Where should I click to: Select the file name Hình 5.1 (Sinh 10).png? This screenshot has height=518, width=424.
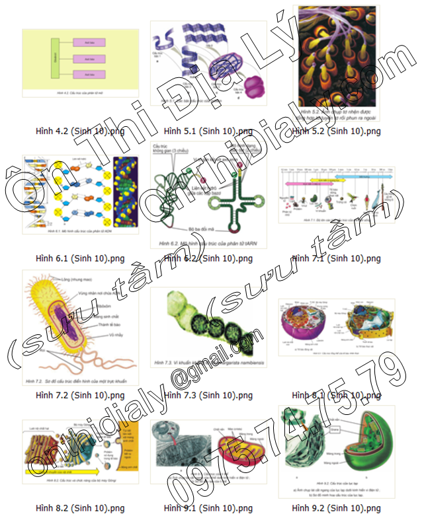[x=208, y=131]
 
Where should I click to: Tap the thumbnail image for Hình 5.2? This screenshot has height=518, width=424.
[x=337, y=64]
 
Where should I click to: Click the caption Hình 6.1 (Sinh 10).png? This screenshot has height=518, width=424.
[x=81, y=258]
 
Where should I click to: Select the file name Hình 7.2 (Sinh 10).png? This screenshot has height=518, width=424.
[x=81, y=395]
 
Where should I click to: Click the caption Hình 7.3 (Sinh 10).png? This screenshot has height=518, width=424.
[x=208, y=395]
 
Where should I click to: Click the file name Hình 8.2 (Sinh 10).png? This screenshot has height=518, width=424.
[x=81, y=507]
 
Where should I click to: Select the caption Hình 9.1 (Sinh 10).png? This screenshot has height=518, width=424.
[x=208, y=507]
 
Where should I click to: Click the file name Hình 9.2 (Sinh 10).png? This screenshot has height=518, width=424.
[x=337, y=507]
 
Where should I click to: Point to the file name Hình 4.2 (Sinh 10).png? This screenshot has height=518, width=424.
[x=81, y=131]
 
